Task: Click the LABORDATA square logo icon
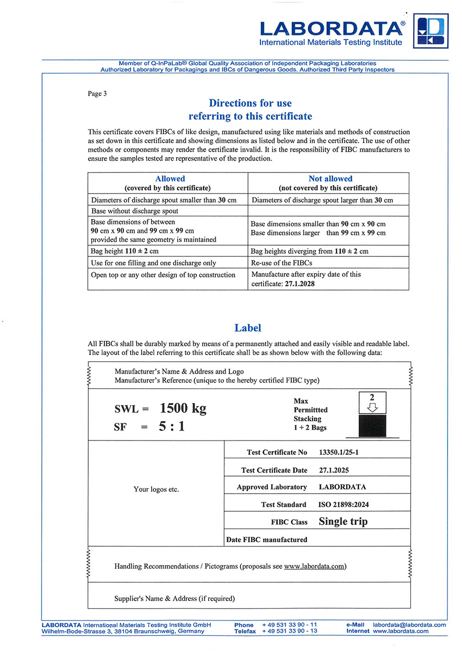click(431, 31)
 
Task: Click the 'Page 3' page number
click(97, 94)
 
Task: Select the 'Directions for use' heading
click(250, 103)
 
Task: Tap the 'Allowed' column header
click(170, 179)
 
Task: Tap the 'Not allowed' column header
click(330, 179)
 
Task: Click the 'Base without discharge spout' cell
click(135, 211)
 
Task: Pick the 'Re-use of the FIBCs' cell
click(281, 263)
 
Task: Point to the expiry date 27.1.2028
click(299, 284)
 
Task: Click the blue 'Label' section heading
click(248, 328)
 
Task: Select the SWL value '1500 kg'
click(183, 409)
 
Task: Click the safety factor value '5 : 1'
click(172, 427)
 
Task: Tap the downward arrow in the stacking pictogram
click(372, 408)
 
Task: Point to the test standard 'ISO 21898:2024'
click(343, 505)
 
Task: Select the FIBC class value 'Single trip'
click(343, 522)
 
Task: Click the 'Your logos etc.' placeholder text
click(156, 489)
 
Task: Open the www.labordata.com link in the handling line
click(314, 566)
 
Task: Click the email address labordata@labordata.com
click(409, 625)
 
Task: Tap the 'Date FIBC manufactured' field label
click(266, 540)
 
